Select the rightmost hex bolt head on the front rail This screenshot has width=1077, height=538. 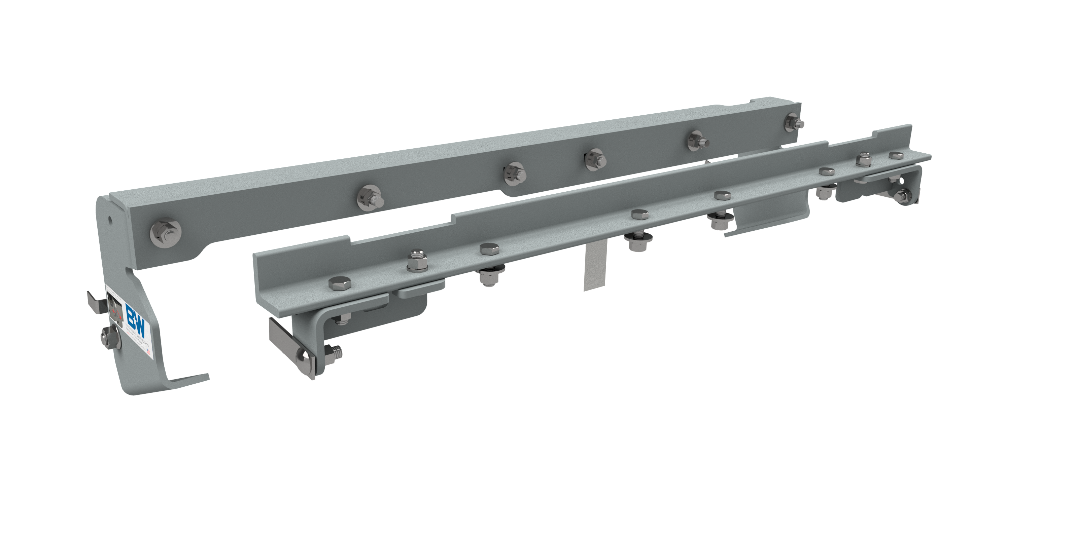tap(895, 155)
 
